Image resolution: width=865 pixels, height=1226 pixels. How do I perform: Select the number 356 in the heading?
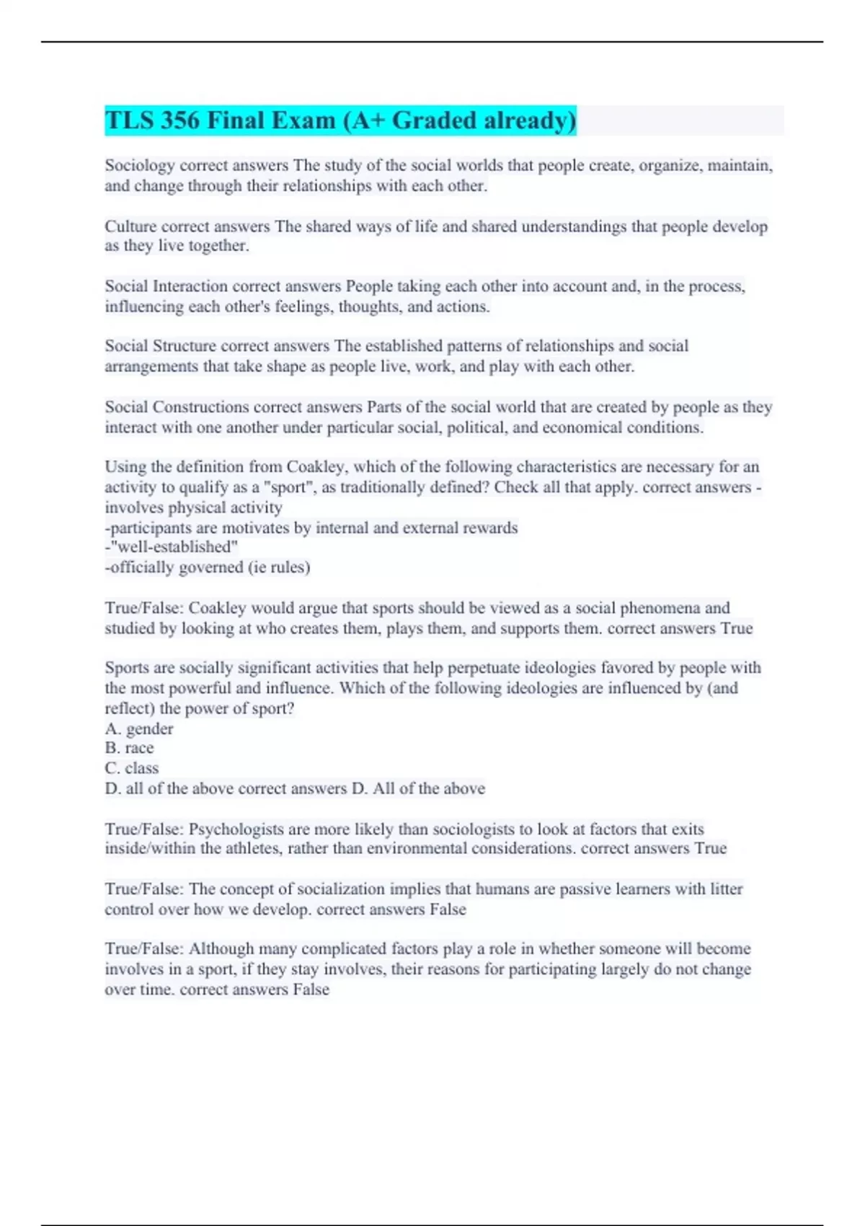point(180,120)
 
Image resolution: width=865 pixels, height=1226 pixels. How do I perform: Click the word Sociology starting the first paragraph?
point(140,166)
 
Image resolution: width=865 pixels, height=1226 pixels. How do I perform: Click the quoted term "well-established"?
point(173,547)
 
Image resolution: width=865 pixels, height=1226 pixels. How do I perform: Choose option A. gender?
point(139,728)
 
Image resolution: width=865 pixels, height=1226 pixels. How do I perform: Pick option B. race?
point(130,748)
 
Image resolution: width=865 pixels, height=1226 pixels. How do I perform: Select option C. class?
point(132,768)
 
